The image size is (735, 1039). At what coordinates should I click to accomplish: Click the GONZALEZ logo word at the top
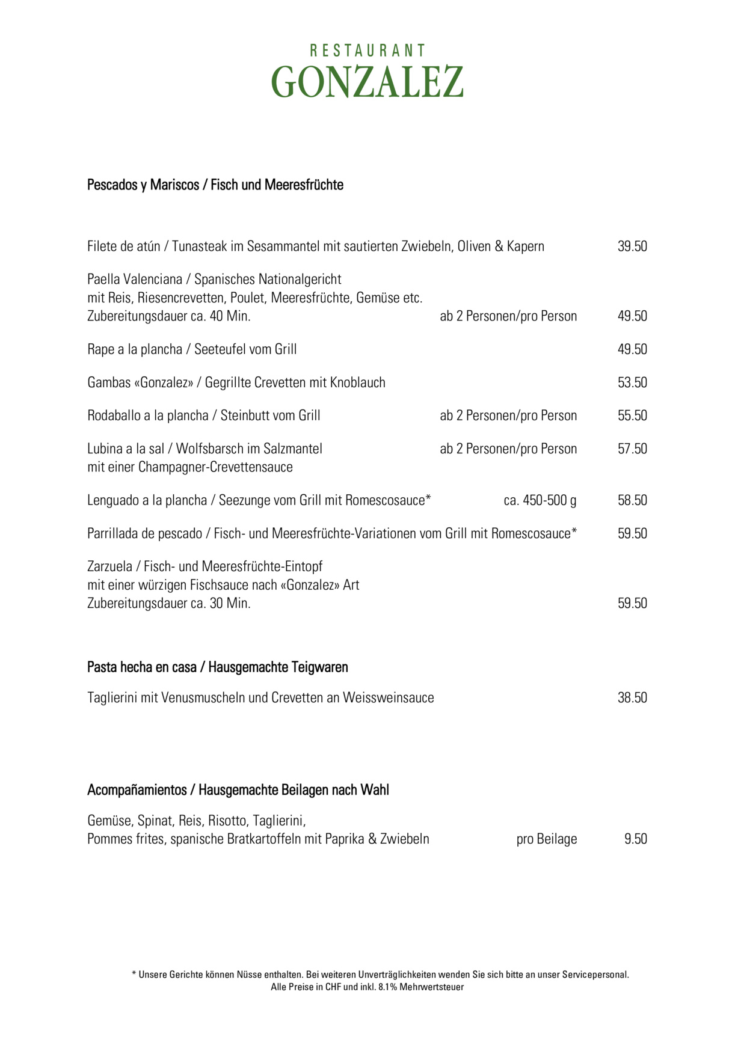(x=367, y=82)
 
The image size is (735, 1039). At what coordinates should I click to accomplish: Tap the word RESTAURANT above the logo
(x=367, y=51)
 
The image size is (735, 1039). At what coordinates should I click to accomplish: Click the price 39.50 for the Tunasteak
(x=632, y=247)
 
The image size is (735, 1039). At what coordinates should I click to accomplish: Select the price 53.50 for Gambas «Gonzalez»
(x=632, y=383)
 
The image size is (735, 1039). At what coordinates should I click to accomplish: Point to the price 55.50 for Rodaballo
(x=632, y=416)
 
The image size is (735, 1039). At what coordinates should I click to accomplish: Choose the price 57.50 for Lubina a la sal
(x=632, y=449)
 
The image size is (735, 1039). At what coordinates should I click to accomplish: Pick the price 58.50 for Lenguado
(x=632, y=501)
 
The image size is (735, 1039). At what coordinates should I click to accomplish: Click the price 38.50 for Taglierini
(x=632, y=698)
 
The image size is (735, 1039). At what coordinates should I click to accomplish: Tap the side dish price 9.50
(x=635, y=839)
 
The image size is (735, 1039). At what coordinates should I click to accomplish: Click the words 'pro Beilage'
(x=546, y=839)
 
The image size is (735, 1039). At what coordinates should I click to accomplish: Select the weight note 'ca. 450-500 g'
(x=540, y=501)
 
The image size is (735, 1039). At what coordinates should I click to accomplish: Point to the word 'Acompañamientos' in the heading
(x=137, y=790)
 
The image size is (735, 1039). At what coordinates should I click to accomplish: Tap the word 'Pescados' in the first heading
(x=112, y=185)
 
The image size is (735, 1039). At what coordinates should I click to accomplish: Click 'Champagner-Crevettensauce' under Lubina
(x=215, y=468)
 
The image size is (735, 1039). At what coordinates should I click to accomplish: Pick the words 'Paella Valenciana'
(x=135, y=280)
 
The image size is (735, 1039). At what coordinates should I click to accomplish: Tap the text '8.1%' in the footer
(x=387, y=987)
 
